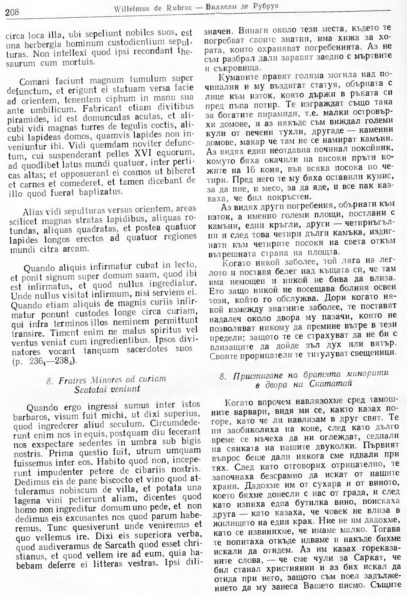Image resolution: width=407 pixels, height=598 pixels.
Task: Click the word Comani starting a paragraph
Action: coord(35,82)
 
